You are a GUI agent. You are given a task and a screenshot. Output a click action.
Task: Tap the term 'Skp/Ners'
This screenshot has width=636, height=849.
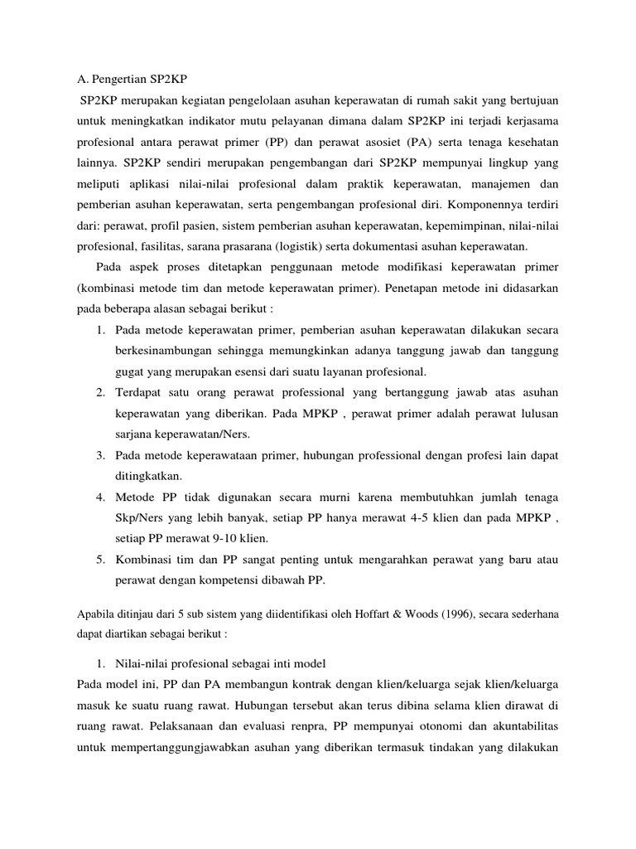(x=138, y=517)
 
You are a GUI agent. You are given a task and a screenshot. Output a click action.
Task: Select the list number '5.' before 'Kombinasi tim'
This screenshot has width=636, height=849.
(x=99, y=559)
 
